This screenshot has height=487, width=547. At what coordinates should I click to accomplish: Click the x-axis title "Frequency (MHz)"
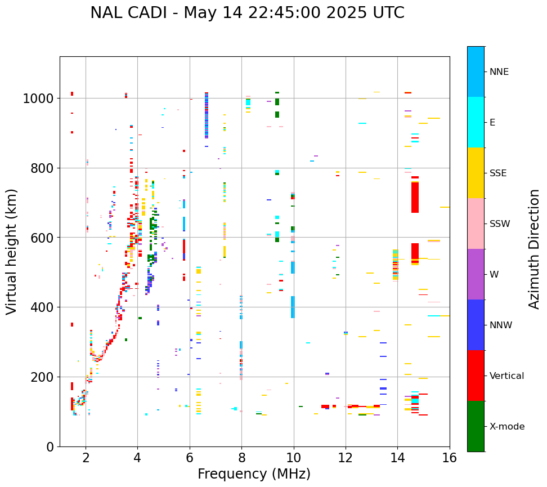point(254,474)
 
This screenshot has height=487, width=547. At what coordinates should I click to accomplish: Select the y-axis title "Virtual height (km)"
point(12,252)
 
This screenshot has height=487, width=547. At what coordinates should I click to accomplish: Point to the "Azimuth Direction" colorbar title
point(534,249)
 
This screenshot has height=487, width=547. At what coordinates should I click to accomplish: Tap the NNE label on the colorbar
point(499,72)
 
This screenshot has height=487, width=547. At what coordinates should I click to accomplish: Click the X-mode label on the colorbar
point(506,426)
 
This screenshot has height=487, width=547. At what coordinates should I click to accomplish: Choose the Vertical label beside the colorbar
point(506,376)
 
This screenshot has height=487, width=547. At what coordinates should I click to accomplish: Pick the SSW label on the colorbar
point(499,224)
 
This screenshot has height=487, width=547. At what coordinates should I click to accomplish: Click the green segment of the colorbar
point(476,426)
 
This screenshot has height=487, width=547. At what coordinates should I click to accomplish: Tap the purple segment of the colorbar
point(476,274)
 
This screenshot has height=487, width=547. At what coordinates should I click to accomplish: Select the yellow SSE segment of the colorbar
point(476,172)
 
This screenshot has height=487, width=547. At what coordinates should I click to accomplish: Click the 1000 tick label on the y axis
point(38,99)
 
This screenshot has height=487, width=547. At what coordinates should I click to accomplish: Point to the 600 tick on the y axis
point(42,238)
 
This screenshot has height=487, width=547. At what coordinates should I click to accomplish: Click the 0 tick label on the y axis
point(50,446)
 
